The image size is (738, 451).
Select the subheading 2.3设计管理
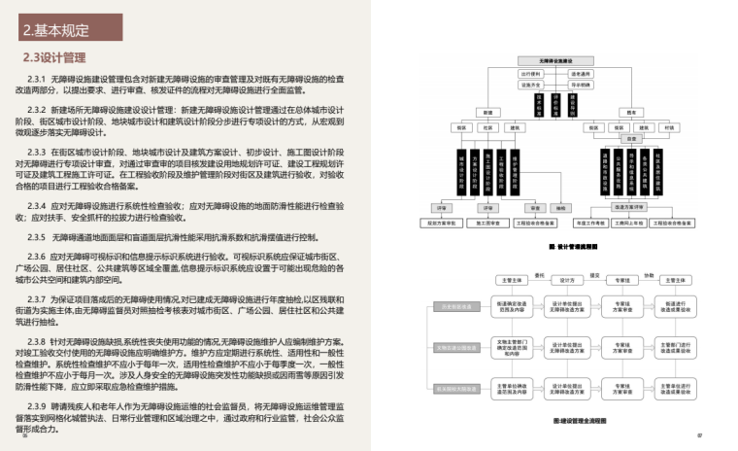(x=54, y=57)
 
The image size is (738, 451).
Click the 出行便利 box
(x=531, y=74)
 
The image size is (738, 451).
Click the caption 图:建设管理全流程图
(x=580, y=421)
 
